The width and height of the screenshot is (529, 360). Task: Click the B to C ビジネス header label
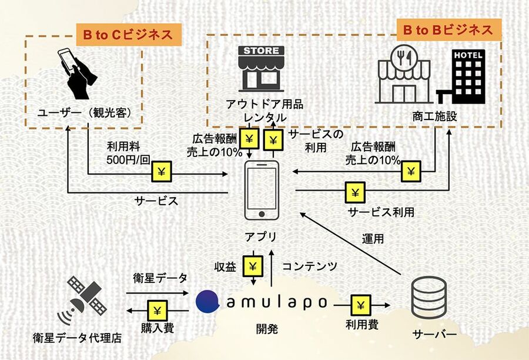coord(127,35)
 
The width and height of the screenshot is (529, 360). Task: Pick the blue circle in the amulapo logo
coord(209,301)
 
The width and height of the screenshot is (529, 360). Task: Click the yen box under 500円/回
coord(163,171)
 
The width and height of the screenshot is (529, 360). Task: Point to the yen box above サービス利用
coord(355,192)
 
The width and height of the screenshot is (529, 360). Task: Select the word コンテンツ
coord(310,266)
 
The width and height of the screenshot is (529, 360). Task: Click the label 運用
coord(373,239)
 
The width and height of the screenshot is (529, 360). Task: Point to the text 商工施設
coord(434,118)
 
